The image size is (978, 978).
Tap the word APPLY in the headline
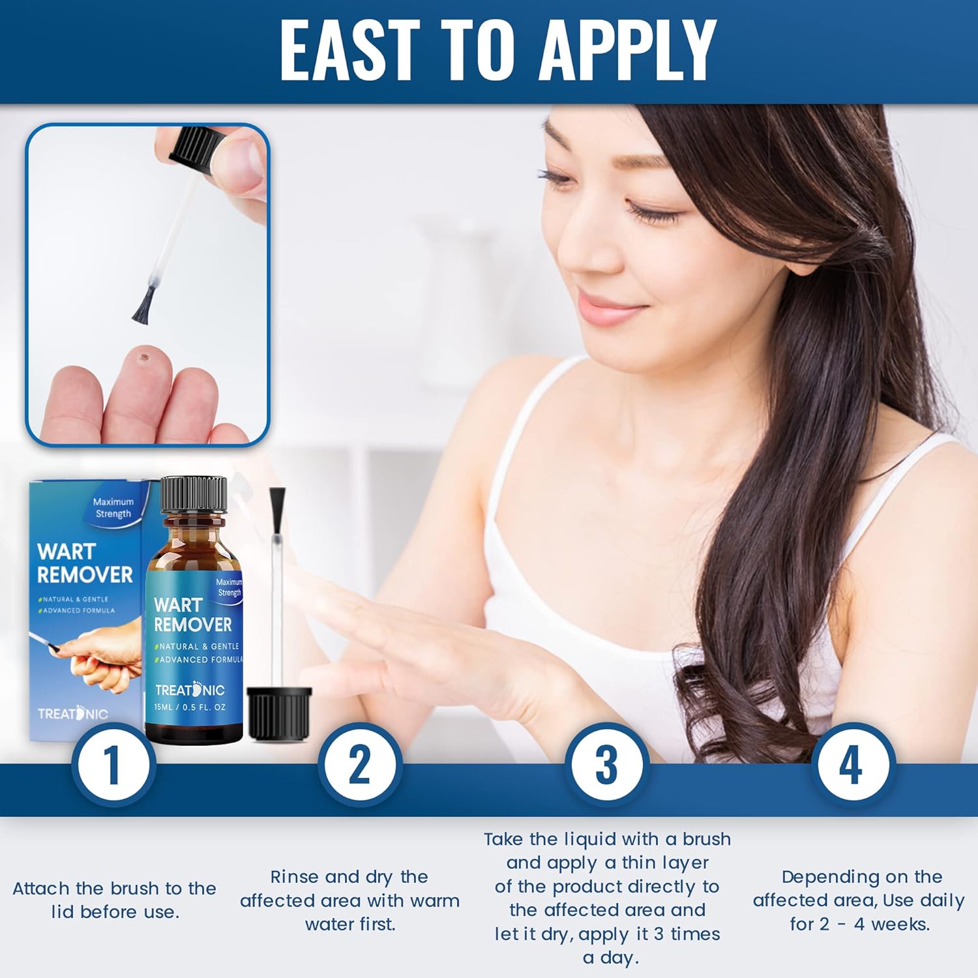(629, 50)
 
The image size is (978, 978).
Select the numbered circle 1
(113, 764)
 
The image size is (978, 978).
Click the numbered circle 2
(360, 764)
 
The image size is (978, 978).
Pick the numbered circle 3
(606, 764)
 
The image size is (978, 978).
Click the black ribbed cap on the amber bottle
(194, 494)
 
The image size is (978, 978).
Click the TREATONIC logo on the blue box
(72, 713)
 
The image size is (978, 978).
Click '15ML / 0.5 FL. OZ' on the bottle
(190, 707)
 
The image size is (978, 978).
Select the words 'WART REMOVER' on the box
(85, 563)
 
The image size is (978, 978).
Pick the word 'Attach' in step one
(41, 889)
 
